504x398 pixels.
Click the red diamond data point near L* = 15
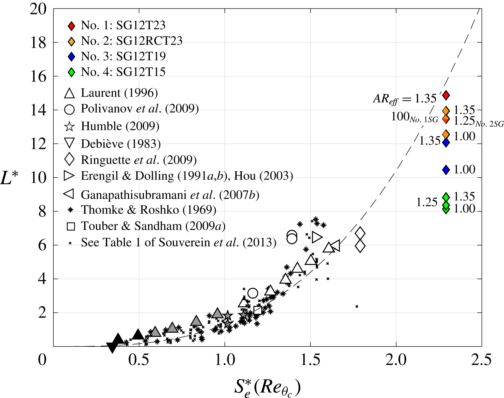pyautogui.click(x=446, y=95)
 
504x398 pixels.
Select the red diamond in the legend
pyautogui.click(x=71, y=26)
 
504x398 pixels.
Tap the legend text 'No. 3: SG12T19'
pyautogui.click(x=123, y=56)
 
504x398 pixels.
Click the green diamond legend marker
pyautogui.click(x=71, y=72)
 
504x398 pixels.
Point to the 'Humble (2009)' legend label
pyautogui.click(x=120, y=126)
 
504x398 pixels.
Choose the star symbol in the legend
pyautogui.click(x=69, y=127)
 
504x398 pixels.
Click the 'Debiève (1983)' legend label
pyautogui.click(x=121, y=144)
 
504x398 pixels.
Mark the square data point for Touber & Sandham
pyautogui.click(x=258, y=310)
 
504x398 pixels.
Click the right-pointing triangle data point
pyautogui.click(x=317, y=237)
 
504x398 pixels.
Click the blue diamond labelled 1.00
pyautogui.click(x=446, y=169)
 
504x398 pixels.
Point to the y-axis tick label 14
pyautogui.click(x=38, y=110)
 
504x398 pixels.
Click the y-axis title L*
pyautogui.click(x=9, y=178)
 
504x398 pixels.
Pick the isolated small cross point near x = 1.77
pyautogui.click(x=357, y=306)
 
